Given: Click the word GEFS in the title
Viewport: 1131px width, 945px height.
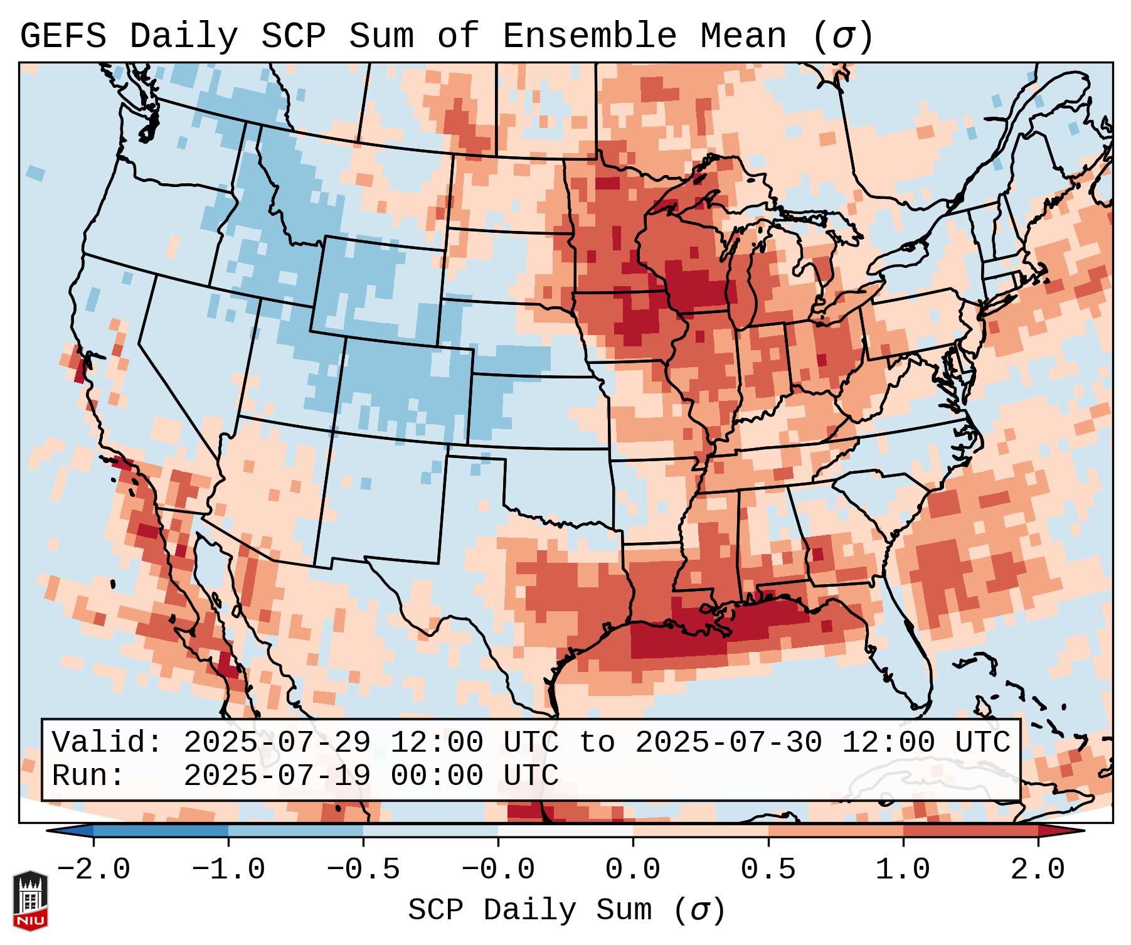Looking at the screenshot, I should point(63,36).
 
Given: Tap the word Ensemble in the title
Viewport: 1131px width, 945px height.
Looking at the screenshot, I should point(590,36).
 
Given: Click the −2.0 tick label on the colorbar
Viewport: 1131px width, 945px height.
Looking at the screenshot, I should point(93,870).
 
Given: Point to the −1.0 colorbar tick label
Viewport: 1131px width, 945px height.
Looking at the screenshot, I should point(228,870).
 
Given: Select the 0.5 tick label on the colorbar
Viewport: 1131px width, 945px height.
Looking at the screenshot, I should point(768,870).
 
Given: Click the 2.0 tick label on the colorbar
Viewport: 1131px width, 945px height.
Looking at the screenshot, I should point(1038,870).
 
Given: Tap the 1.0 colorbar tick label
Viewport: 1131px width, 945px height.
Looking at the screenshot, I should point(903,870).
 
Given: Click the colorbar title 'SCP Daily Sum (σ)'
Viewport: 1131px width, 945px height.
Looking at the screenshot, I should point(566,910).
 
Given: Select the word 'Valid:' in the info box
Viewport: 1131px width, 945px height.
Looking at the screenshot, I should point(107,743).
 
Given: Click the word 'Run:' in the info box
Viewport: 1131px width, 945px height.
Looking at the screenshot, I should point(88,776).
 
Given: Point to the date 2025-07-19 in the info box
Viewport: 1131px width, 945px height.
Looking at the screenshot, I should point(277,776).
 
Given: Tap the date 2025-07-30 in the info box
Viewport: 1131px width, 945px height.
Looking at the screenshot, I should point(728,743).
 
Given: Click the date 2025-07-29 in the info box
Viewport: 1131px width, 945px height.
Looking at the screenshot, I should point(277,743).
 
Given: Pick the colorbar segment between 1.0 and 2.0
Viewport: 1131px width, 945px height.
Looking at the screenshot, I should point(970,831).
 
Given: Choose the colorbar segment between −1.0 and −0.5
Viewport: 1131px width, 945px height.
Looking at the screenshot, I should point(295,831).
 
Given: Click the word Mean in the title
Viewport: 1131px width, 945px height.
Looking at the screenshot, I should point(743,36).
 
